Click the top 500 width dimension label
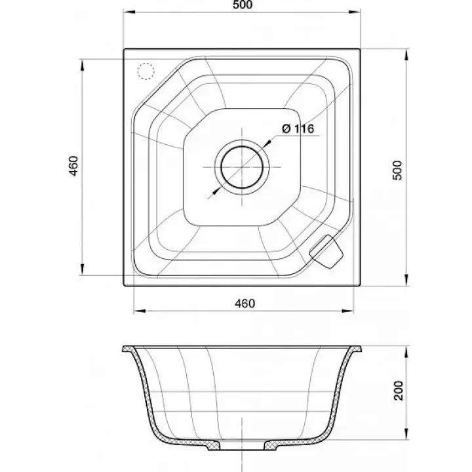[x=243, y=5]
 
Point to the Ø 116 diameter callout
[x=298, y=129]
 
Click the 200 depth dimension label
[x=399, y=391]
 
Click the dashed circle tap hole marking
[x=146, y=71]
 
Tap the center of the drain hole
[x=242, y=167]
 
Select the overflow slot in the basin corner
[x=326, y=251]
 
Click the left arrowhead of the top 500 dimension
[x=129, y=12]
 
